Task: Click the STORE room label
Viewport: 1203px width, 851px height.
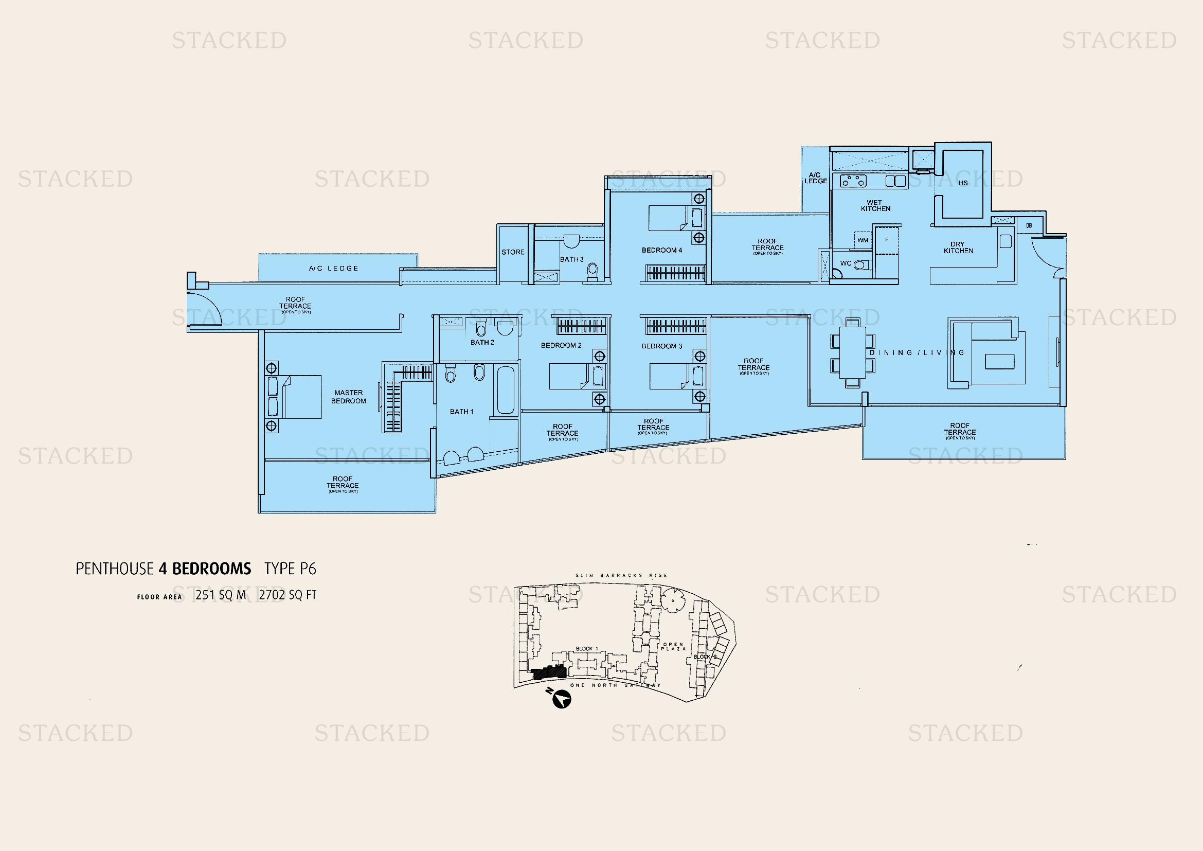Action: [x=512, y=252]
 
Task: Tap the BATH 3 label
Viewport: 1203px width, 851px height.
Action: [x=571, y=259]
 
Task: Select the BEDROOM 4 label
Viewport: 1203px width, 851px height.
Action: [x=662, y=250]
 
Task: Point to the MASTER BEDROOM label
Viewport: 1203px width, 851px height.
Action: [x=348, y=397]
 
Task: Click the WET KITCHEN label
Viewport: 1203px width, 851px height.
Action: [x=875, y=205]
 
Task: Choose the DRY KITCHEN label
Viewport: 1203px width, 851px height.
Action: [x=958, y=247]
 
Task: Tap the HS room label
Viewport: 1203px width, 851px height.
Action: [x=963, y=183]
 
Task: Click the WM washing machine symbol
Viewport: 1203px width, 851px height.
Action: [x=863, y=240]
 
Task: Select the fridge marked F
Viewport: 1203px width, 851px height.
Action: [x=887, y=240]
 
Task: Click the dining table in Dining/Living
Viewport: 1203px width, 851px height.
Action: [x=852, y=352]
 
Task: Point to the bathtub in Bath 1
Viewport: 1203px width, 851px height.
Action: [x=505, y=390]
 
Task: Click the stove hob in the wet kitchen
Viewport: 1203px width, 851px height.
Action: [x=853, y=181]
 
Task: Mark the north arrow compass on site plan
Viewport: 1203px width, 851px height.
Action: [x=562, y=699]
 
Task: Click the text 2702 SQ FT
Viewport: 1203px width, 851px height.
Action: [x=288, y=595]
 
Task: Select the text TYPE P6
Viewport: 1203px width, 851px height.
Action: [x=290, y=569]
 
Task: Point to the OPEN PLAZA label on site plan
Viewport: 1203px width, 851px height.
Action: [x=673, y=647]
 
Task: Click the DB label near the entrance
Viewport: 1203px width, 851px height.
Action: [x=1029, y=226]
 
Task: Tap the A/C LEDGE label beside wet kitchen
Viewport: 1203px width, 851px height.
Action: [x=815, y=178]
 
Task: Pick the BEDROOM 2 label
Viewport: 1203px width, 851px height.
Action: [x=561, y=345]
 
